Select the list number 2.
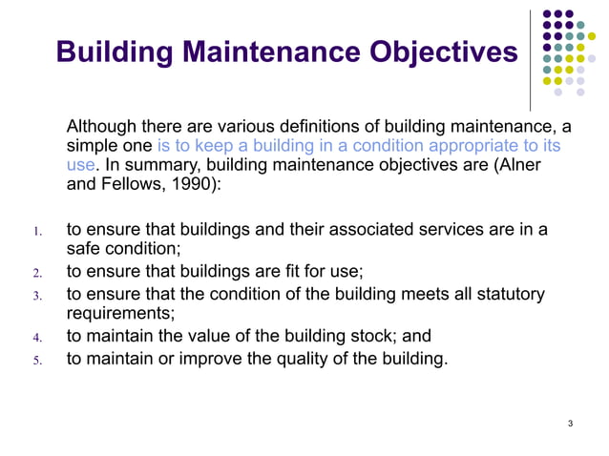click(36, 272)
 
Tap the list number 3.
click(36, 295)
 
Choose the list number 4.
click(36, 337)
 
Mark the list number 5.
click(36, 361)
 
